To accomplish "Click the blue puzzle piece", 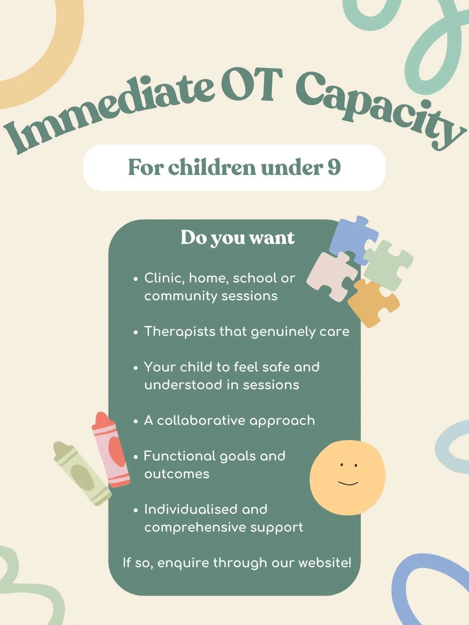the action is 353,239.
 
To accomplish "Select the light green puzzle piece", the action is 388,265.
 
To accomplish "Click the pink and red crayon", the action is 110,450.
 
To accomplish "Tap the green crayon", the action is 82,474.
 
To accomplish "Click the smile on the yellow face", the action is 348,483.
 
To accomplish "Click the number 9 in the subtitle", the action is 334,167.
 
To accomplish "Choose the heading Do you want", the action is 238,238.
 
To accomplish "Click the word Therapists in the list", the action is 180,332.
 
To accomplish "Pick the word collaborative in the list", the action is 201,421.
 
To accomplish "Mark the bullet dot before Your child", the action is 136,368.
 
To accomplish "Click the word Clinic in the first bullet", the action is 164,278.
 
